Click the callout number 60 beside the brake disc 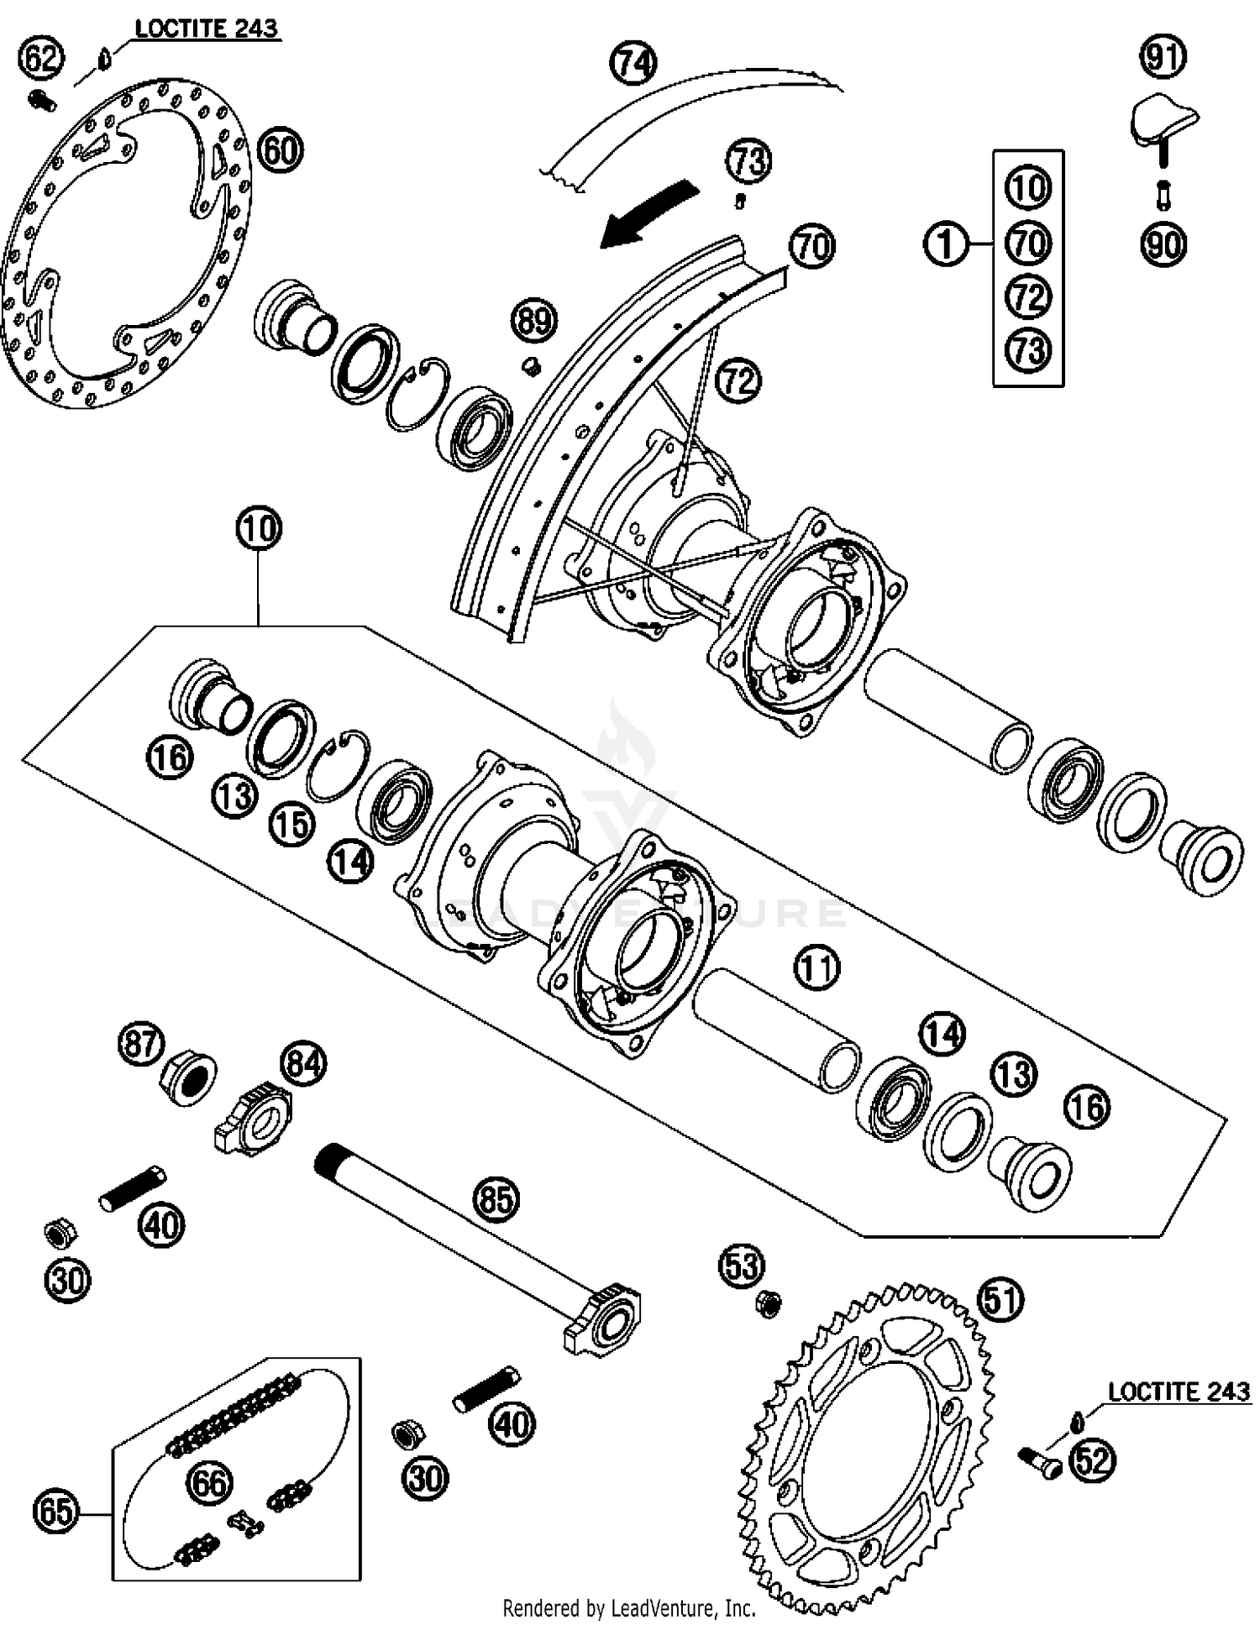281,151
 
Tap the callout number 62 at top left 41,59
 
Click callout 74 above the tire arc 633,63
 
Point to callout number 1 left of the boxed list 947,244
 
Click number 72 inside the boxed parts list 1028,297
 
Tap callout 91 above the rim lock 1163,57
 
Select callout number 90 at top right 1163,244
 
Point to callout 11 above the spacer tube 816,967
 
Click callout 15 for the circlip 292,824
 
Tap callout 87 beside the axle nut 140,1044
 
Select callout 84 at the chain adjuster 303,1064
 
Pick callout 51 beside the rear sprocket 1001,1301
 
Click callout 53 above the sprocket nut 743,1266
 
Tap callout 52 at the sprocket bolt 1093,1461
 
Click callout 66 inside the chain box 209,1482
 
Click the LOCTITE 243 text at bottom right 1179,1392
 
